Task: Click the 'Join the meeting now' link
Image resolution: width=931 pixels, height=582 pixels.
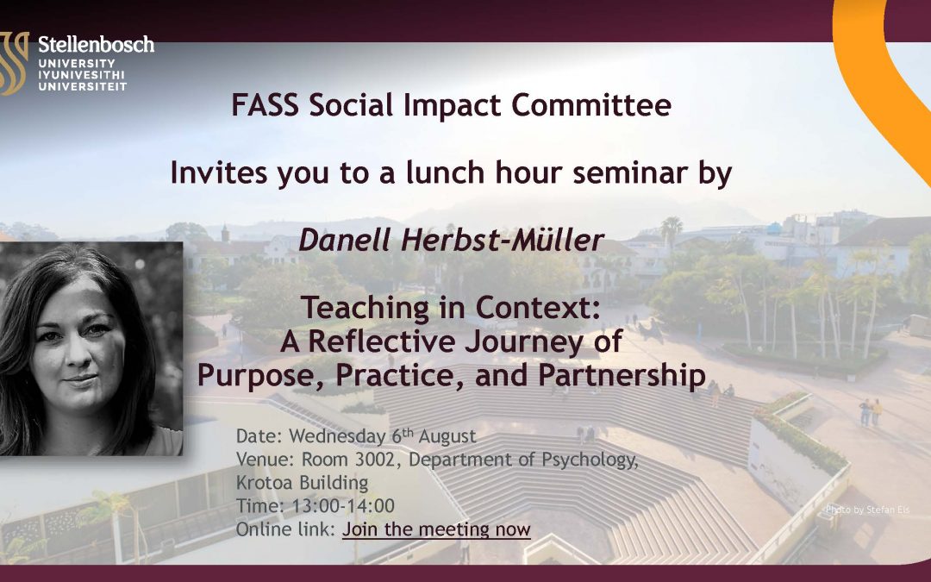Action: click(x=436, y=529)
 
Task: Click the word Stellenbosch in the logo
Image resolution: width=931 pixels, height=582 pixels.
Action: click(x=97, y=45)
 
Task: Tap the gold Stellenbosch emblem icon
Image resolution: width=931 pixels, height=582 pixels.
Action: click(x=14, y=63)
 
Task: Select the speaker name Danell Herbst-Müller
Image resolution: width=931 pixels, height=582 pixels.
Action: click(x=451, y=240)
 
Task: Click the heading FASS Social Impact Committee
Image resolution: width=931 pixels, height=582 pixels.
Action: click(x=451, y=105)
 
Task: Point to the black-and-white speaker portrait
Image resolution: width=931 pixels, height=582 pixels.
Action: click(x=91, y=348)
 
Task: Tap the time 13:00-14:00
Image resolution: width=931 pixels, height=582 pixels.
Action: click(x=343, y=505)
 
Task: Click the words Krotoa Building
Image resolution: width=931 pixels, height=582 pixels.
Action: click(x=303, y=482)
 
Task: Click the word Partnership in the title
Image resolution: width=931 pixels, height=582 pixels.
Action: click(x=622, y=375)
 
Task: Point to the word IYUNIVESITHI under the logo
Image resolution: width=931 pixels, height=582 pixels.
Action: click(x=82, y=75)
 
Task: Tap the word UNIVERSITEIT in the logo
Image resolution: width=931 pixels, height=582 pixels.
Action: click(x=83, y=86)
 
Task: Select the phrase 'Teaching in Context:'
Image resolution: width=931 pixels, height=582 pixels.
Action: click(x=451, y=308)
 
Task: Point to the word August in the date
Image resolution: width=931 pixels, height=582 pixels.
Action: click(x=447, y=436)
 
